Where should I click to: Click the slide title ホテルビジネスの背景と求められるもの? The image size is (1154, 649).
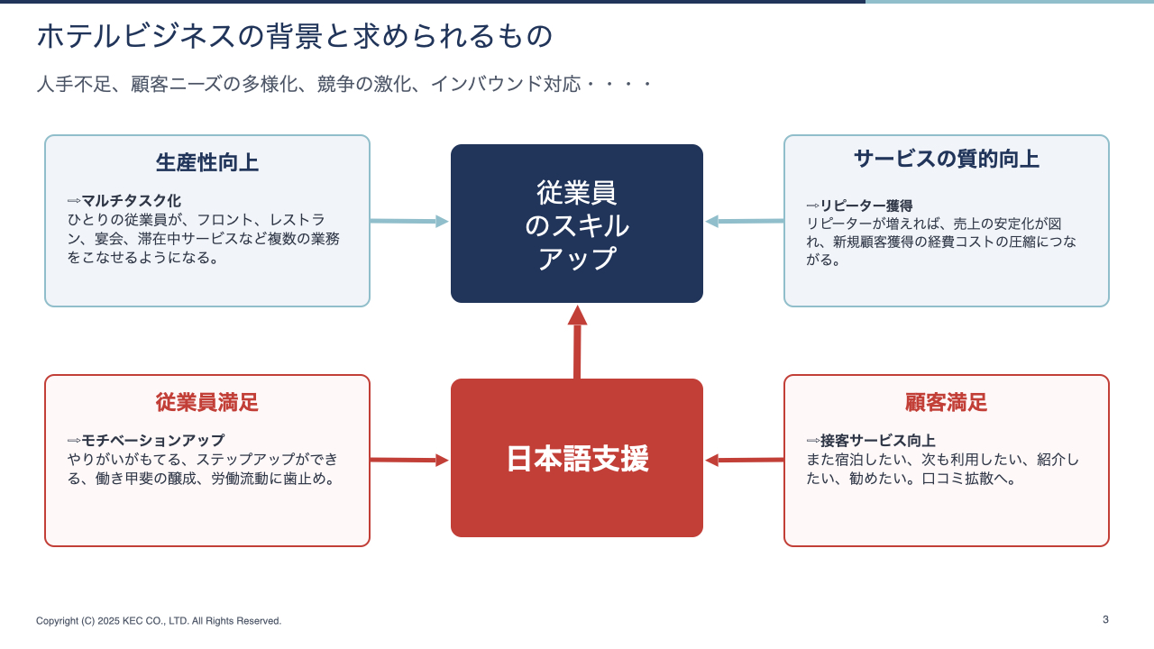[295, 36]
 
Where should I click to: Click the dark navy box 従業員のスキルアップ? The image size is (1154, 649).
[576, 224]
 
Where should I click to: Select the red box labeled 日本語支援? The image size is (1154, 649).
[576, 458]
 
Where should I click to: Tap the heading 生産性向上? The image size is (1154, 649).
[207, 162]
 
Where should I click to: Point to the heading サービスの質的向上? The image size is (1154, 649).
[947, 159]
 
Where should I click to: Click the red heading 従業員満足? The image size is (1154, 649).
[207, 402]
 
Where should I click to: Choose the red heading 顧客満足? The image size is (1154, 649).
[947, 402]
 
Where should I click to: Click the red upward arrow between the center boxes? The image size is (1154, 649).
[577, 342]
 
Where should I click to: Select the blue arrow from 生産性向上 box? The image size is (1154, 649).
[409, 221]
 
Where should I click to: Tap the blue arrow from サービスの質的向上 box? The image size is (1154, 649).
[745, 221]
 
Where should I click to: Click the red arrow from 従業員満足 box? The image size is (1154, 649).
[409, 460]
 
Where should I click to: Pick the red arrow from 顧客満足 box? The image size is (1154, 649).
[745, 460]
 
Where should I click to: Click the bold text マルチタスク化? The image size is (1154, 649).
[132, 200]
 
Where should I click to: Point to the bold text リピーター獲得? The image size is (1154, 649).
[866, 206]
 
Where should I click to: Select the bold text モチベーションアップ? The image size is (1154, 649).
[153, 440]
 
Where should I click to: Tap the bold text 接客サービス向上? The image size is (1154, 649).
[878, 441]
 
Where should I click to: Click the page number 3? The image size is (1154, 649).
[1105, 619]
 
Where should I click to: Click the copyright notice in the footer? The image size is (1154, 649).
[159, 621]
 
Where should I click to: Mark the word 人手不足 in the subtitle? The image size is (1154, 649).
[74, 84]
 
